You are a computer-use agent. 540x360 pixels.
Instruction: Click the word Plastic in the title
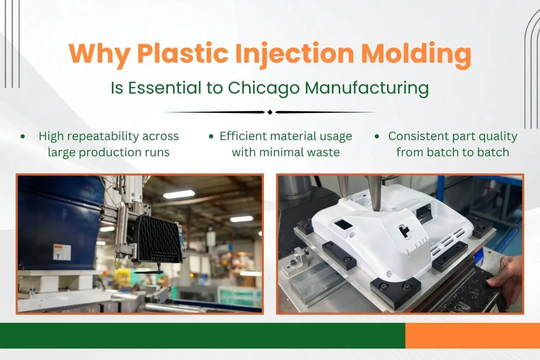[x=183, y=54]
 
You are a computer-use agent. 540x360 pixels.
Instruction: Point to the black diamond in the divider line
[x=270, y=112]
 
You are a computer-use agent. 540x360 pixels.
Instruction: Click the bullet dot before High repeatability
[x=23, y=136]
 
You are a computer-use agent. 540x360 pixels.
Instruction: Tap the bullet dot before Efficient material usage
[x=211, y=136]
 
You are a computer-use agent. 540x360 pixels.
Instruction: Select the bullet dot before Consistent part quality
[x=377, y=136]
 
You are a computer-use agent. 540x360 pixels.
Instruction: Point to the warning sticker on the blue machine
[x=62, y=251]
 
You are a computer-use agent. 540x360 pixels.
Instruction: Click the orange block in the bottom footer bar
[x=472, y=336]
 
